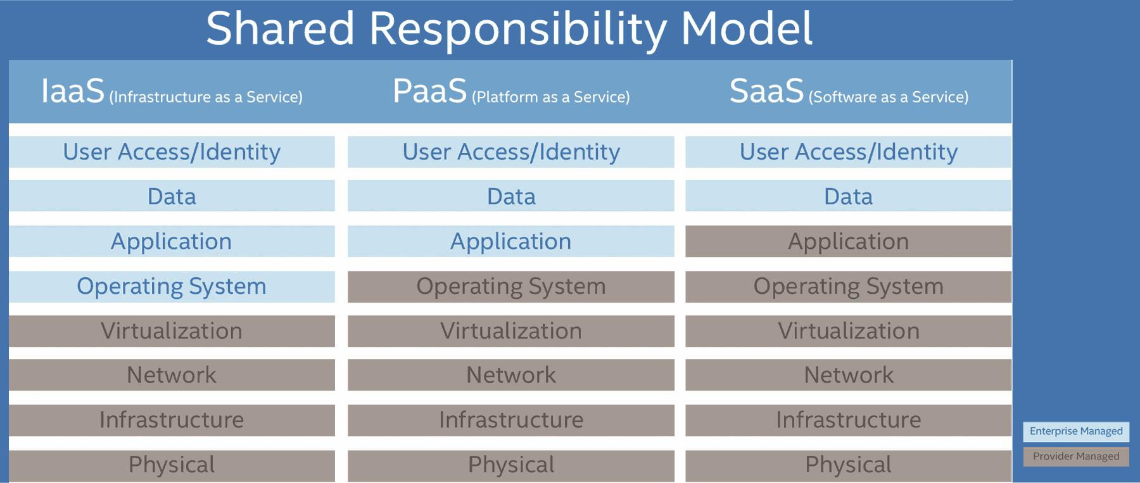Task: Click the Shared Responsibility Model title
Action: [509, 29]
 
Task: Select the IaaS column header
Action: [172, 92]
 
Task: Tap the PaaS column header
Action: [511, 92]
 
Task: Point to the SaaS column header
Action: [849, 92]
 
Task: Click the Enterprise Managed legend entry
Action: [1075, 431]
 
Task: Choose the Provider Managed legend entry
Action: [1075, 456]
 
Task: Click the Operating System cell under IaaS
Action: [172, 287]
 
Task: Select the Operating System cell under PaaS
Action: [511, 287]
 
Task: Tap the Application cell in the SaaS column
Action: [848, 241]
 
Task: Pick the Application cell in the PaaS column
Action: [511, 241]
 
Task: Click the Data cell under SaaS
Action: [848, 196]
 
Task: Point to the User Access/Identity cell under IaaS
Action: [172, 152]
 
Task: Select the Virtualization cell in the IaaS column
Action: [172, 331]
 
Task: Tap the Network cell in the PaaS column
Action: [511, 375]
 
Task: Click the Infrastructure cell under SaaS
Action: [848, 420]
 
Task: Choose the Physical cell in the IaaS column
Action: [172, 465]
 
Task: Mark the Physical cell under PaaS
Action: [511, 465]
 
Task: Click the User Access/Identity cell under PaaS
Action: [511, 152]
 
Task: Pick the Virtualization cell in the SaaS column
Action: [848, 331]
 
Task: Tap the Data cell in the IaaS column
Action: [172, 196]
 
